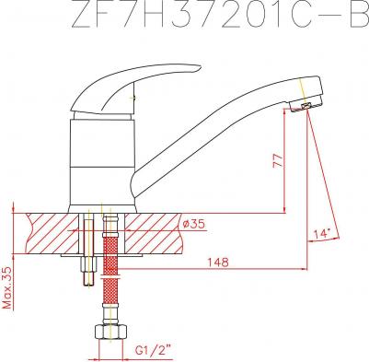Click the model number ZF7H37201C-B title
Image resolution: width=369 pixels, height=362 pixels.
pyautogui.click(x=220, y=15)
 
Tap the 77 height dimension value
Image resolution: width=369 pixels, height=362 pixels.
pyautogui.click(x=278, y=160)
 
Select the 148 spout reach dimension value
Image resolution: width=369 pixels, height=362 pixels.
pyautogui.click(x=218, y=262)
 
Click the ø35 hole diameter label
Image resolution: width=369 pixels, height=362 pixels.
pyautogui.click(x=193, y=224)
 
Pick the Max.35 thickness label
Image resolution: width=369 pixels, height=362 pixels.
pyautogui.click(x=6, y=287)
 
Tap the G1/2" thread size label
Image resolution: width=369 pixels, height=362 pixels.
pyautogui.click(x=153, y=349)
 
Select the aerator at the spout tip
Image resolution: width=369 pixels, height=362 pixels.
pyautogui.click(x=305, y=106)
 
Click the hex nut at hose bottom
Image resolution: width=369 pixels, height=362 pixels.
pyautogui.click(x=110, y=332)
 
